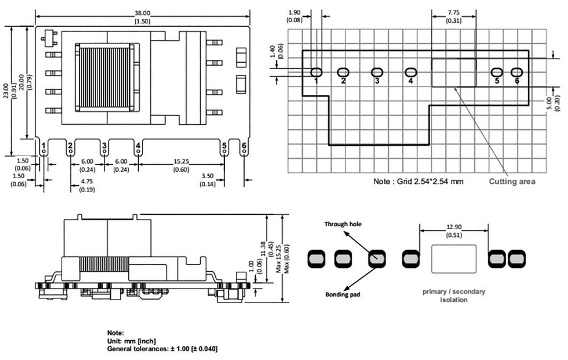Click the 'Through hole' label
click(x=343, y=224)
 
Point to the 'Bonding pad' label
click(x=343, y=294)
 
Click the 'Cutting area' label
click(x=511, y=181)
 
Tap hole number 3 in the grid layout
click(x=377, y=72)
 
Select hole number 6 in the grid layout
click(x=517, y=72)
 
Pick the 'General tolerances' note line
click(x=162, y=349)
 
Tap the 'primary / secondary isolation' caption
click(x=453, y=296)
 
